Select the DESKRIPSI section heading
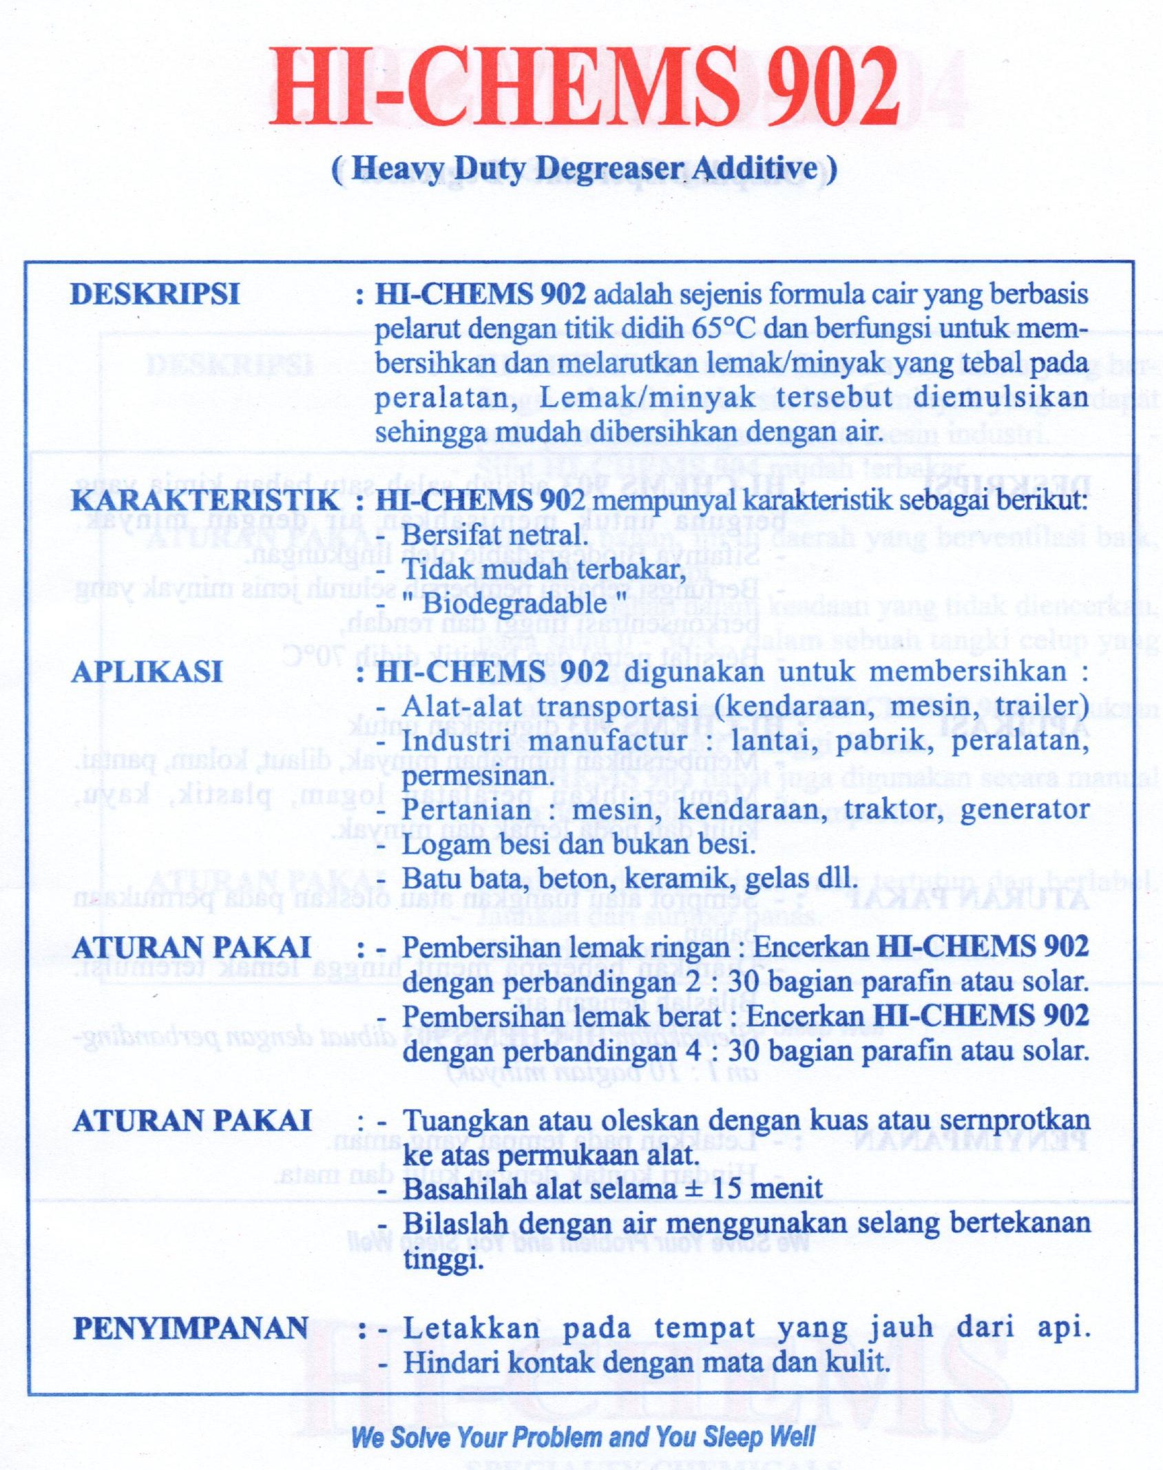click(155, 294)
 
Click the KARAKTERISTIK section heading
click(205, 501)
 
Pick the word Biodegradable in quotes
click(514, 604)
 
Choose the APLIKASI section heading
click(147, 672)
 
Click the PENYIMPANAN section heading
click(191, 1328)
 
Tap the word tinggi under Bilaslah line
click(443, 1261)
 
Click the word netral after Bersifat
click(551, 535)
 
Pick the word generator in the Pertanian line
click(1025, 810)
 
